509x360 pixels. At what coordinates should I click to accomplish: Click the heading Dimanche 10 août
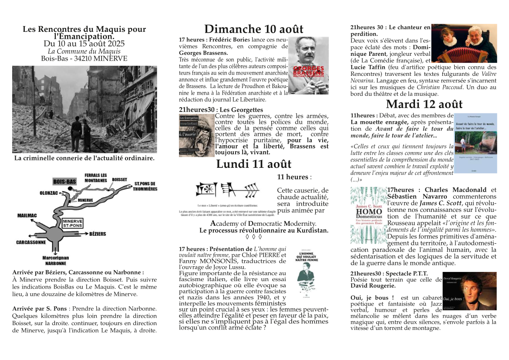point(254,29)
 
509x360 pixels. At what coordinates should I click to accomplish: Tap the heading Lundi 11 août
point(254,164)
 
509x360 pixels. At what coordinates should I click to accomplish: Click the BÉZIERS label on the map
point(98,234)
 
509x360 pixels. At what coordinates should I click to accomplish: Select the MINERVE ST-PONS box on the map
point(72,223)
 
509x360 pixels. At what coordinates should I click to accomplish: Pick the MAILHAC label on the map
point(27,215)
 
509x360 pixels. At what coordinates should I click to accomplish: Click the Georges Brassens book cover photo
point(308,65)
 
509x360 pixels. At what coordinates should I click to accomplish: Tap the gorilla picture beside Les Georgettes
point(197,136)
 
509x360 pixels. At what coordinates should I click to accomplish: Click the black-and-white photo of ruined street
point(84,109)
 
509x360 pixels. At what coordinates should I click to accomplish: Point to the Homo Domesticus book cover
point(368,215)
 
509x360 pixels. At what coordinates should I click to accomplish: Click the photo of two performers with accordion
point(464,44)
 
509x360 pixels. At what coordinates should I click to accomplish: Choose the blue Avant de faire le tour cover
point(475,143)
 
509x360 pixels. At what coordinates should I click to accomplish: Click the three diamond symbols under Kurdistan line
point(254,237)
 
